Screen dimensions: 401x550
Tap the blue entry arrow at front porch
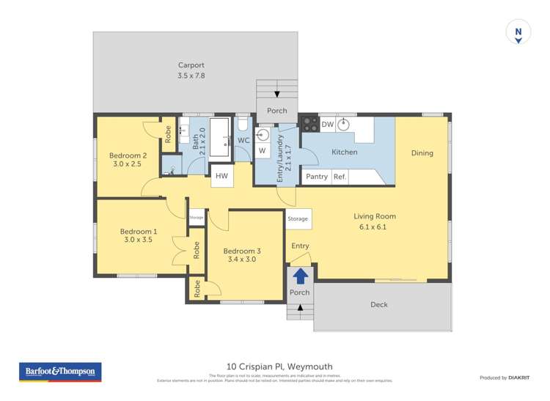[299, 276]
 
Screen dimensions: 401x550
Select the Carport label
[191, 65]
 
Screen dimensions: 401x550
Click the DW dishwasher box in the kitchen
[327, 125]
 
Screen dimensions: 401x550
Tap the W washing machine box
[262, 151]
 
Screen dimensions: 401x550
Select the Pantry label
[317, 177]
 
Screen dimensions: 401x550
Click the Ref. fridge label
[340, 177]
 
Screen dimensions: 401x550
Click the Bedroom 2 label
[128, 155]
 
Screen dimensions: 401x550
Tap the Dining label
[422, 153]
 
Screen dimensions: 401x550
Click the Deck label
[378, 304]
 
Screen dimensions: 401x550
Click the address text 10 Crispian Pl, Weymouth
[274, 366]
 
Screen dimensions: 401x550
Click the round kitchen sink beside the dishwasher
[342, 124]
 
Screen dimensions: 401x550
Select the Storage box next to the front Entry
[298, 218]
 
